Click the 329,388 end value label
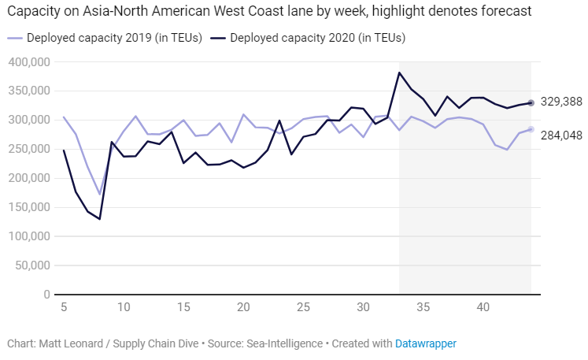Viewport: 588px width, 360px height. pos(560,102)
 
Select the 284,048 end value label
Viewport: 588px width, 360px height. pos(560,135)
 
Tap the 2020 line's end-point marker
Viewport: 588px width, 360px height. pos(531,102)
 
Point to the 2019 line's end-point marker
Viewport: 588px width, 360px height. pos(531,129)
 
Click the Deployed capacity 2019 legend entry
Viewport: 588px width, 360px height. pos(106,38)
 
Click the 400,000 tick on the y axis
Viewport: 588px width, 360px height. pos(28,62)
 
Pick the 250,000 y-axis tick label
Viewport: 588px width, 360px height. pos(28,149)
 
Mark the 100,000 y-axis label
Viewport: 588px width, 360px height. pos(28,236)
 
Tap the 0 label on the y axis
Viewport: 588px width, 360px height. pos(46,294)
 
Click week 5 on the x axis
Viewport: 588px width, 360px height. pos(64,306)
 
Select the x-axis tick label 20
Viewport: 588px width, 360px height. pos(243,306)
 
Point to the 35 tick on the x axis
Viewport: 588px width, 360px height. pos(423,306)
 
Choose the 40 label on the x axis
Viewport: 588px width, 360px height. pos(483,306)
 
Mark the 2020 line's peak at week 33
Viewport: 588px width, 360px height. pos(400,72)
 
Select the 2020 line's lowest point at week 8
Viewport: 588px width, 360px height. pos(100,219)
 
